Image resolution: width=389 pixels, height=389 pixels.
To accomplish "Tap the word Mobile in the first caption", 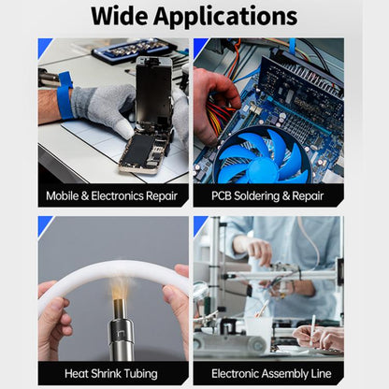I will click(x=67, y=197).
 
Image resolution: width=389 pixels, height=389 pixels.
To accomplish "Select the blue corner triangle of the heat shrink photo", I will click(x=43, y=223).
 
